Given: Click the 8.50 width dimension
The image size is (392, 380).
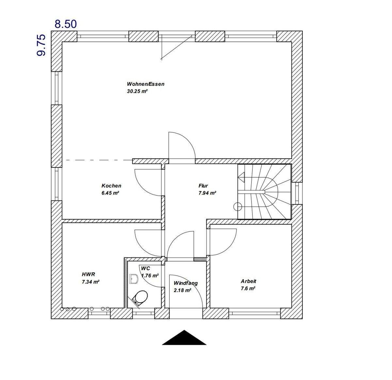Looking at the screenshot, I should [x=65, y=24].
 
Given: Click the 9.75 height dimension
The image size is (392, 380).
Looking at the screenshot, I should [x=41, y=45].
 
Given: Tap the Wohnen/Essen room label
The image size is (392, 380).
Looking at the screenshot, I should [x=145, y=84].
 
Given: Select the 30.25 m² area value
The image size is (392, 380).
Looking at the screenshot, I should [x=137, y=91].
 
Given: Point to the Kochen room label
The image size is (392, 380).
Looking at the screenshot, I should [x=111, y=186].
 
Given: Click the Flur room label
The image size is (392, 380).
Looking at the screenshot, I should [x=203, y=186].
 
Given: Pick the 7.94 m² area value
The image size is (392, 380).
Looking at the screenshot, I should [x=207, y=193].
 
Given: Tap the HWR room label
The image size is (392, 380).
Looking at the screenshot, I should [x=88, y=274].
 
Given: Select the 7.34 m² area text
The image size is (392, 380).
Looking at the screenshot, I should [x=90, y=281].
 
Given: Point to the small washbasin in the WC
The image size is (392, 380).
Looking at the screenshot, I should [x=133, y=278].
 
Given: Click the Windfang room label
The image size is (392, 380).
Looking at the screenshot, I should [x=186, y=283].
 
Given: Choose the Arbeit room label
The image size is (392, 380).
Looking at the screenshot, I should [x=248, y=281].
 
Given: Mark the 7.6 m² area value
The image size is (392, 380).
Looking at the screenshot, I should [x=248, y=288].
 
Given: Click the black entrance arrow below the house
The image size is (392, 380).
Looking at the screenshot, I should [x=184, y=338].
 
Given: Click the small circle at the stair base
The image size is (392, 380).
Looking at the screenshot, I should [x=237, y=206].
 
